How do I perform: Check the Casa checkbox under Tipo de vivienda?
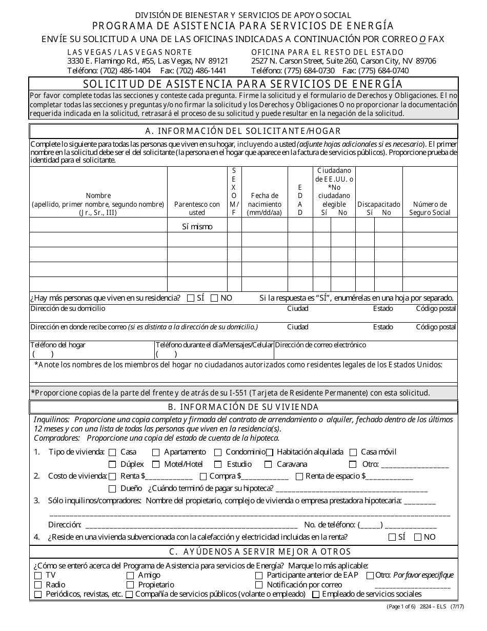click(x=112, y=452)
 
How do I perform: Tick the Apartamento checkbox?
click(x=156, y=452)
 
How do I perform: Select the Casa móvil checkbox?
click(x=353, y=452)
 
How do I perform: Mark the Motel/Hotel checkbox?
click(x=156, y=464)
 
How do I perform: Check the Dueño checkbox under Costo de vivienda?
click(x=112, y=488)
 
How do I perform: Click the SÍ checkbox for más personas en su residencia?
click(x=191, y=298)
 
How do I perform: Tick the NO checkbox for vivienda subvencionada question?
click(x=418, y=537)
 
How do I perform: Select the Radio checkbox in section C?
click(x=38, y=585)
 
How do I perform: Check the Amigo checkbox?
click(x=130, y=576)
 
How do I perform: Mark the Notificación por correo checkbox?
click(x=259, y=585)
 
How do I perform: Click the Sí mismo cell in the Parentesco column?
click(x=197, y=226)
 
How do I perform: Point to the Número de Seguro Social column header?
click(x=430, y=208)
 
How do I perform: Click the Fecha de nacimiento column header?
click(x=265, y=204)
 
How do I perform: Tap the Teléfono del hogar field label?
click(x=57, y=345)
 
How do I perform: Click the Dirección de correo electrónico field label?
click(x=320, y=345)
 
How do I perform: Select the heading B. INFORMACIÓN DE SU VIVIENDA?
click(x=243, y=407)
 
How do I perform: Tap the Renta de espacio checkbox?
click(x=299, y=477)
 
